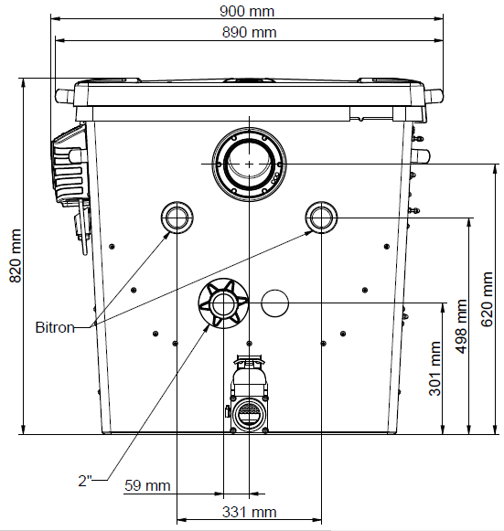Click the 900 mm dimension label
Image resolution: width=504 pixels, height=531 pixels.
[247, 11]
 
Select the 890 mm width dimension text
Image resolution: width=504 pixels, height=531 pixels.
[249, 32]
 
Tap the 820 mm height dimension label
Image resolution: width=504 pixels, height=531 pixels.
[16, 256]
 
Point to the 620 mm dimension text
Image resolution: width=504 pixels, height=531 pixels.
[487, 299]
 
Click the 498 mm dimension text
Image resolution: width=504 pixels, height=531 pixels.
[462, 326]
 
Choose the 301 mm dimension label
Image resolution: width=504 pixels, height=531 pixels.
[434, 368]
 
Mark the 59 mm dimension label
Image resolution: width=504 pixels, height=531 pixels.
[147, 485]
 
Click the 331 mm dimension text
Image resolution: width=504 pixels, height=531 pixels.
[249, 512]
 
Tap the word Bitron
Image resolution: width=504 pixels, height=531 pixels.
[55, 327]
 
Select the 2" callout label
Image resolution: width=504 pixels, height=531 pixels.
[85, 481]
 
